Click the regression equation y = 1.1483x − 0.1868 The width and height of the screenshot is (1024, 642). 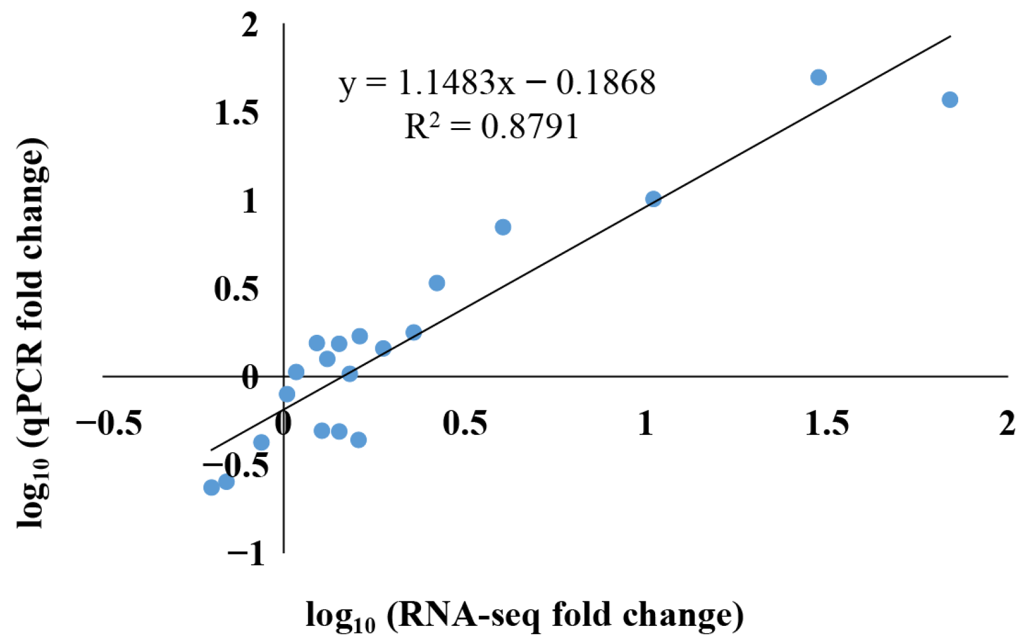[x=497, y=83]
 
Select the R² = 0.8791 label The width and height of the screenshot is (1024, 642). [x=491, y=126]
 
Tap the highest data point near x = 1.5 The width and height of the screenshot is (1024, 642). [x=818, y=77]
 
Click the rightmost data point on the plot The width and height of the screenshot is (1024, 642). [x=949, y=99]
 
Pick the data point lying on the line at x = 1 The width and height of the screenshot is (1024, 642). [x=653, y=199]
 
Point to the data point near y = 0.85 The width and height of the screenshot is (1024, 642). [x=502, y=227]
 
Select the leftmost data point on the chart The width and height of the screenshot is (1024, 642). [x=211, y=487]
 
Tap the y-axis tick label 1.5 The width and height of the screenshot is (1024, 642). [x=237, y=113]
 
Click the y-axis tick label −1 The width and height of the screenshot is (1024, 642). [x=246, y=553]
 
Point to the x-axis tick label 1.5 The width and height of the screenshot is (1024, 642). [x=827, y=423]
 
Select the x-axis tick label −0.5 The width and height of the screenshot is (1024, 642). [x=110, y=423]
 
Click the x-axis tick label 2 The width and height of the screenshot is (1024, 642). [x=1007, y=423]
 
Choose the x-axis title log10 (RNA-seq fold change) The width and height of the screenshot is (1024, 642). [x=525, y=616]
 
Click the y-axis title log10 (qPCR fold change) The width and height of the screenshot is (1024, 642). [x=31, y=333]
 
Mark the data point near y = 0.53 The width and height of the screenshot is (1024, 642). [x=437, y=283]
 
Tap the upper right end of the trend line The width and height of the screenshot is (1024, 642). [x=950, y=37]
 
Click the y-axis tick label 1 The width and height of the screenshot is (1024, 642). [x=250, y=201]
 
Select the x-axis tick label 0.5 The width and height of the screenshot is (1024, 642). [x=465, y=423]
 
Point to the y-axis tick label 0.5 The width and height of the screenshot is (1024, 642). [x=237, y=289]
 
